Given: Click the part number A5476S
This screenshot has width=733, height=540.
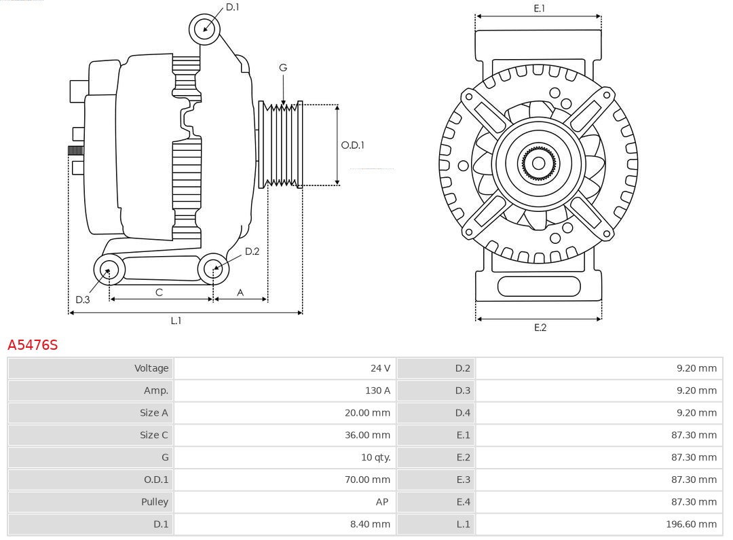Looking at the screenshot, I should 33,345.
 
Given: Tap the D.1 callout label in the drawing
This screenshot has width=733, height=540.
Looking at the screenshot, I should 233,7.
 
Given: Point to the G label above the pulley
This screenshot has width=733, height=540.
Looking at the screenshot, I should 283,67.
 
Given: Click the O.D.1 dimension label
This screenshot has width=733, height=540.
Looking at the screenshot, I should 353,145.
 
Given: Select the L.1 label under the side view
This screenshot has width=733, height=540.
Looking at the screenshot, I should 176,321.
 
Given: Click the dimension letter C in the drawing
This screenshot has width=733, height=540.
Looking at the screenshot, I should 159,292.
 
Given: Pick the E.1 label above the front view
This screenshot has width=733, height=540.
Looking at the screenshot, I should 540,8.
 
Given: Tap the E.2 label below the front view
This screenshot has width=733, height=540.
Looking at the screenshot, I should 540,327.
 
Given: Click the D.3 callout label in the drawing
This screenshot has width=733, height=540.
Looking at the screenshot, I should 83,300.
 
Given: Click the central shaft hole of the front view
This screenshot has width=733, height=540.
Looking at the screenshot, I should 538,163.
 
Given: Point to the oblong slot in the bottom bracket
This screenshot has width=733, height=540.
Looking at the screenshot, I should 539,286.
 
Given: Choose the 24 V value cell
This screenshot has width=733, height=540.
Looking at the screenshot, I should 380,368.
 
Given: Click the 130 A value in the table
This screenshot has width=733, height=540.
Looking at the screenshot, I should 377,391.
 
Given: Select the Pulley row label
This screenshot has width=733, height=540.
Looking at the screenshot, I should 155,501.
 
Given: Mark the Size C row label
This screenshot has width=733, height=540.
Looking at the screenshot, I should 154,435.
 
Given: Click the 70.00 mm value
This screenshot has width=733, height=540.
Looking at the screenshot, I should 367,480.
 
